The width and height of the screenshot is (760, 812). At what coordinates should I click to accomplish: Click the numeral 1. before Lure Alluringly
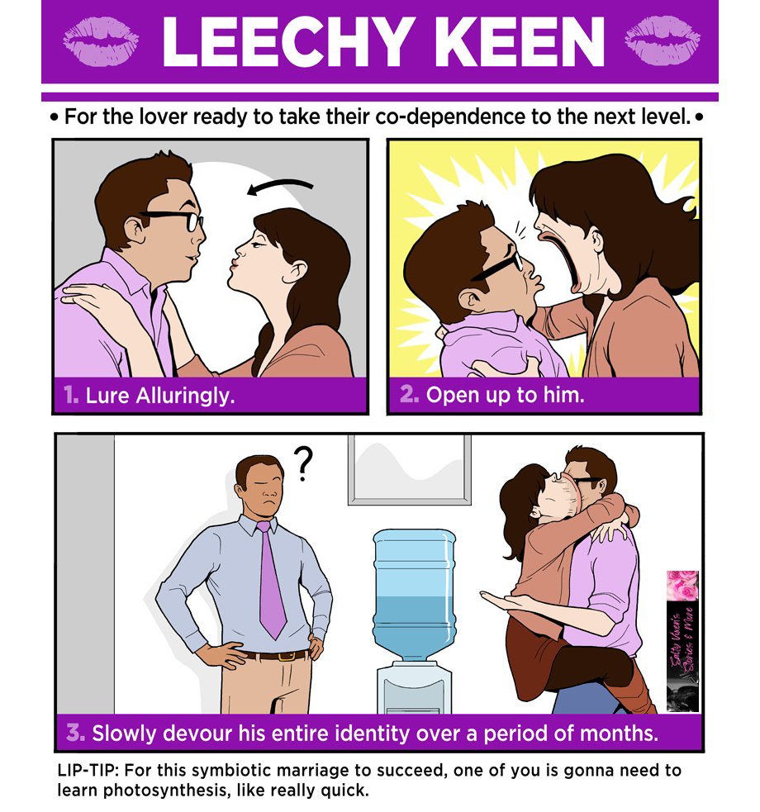pos(72,396)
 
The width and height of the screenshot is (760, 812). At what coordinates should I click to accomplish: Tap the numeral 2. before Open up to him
pos(409,396)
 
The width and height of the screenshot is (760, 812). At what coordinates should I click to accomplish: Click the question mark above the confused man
pos(304,465)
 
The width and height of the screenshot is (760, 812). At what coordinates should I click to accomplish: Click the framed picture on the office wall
pos(410,468)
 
